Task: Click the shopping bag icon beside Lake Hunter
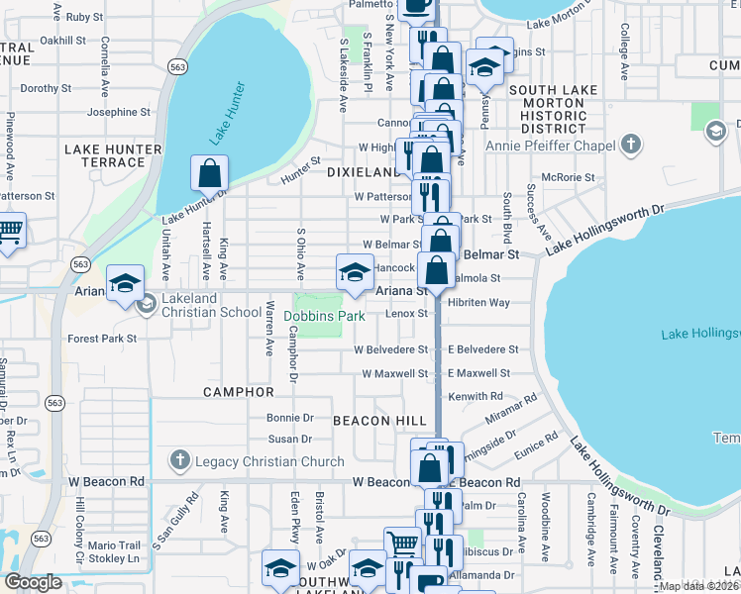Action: tap(210, 174)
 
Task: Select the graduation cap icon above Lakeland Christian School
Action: tap(126, 284)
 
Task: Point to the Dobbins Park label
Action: tap(325, 316)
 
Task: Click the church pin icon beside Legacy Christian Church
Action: tap(179, 460)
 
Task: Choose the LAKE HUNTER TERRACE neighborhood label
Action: tap(104, 155)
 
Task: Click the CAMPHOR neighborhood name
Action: tap(238, 392)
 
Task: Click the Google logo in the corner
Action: tap(34, 582)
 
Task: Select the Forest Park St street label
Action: tap(102, 339)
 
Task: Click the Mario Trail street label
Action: tap(115, 544)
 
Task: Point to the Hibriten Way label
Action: tap(477, 302)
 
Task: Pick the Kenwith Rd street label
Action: tap(476, 396)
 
